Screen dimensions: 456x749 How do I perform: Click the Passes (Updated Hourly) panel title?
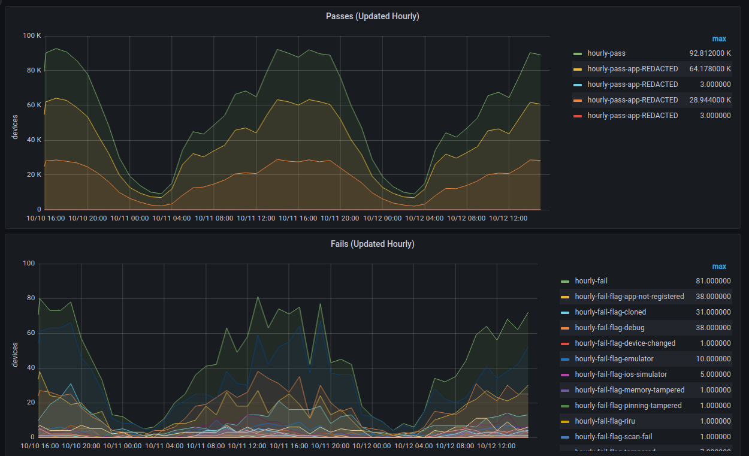[372, 16]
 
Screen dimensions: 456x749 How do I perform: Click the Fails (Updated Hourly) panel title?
[372, 244]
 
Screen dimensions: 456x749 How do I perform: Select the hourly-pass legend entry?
[606, 53]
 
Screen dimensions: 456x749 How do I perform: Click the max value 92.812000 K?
[709, 53]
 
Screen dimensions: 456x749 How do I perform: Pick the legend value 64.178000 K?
[709, 69]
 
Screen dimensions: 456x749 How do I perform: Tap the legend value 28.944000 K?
[709, 100]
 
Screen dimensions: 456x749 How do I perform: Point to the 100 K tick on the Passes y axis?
[31, 36]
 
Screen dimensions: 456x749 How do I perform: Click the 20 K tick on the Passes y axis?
[34, 175]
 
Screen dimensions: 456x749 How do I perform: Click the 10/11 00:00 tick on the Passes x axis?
[129, 219]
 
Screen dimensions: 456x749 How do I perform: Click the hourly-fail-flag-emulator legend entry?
[614, 359]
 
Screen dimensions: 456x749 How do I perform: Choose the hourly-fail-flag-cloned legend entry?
[610, 312]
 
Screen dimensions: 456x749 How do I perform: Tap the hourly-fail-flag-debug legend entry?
[610, 328]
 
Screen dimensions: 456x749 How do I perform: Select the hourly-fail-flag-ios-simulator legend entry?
[621, 375]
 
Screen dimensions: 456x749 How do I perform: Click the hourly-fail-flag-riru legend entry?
[605, 421]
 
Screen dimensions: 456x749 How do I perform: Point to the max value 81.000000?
[711, 281]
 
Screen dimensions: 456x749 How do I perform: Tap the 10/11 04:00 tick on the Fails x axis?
[164, 446]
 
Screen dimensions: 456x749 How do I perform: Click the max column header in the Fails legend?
[719, 267]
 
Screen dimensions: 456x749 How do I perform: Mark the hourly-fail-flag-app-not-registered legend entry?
[629, 297]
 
